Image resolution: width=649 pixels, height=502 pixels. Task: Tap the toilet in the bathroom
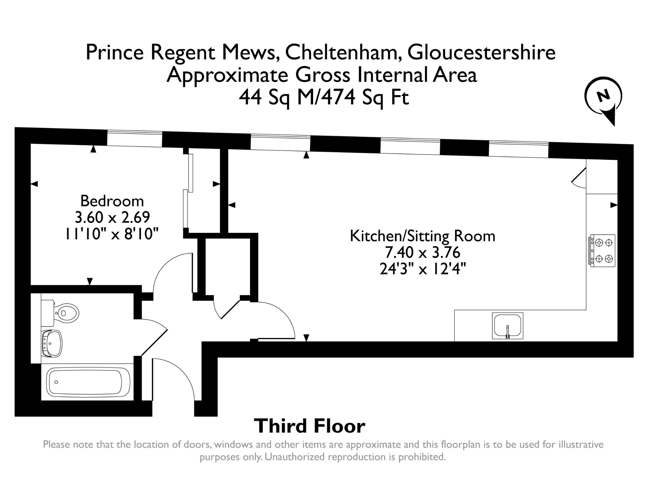point(60,313)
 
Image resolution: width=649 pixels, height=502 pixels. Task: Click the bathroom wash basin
point(52,343)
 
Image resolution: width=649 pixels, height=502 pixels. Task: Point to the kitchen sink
point(507,326)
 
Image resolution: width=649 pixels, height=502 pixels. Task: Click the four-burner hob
point(602,251)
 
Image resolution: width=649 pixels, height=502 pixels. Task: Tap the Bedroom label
point(112,201)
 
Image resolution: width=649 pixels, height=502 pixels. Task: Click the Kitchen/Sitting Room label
point(422,236)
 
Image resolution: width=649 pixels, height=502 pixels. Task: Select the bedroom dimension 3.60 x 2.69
point(112,218)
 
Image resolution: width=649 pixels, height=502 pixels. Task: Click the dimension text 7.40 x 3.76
point(422,253)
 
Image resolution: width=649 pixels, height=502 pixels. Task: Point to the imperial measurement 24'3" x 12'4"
point(423,269)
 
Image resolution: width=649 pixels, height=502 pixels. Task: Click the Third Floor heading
point(310,426)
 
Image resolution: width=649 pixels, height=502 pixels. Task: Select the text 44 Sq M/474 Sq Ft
point(324,97)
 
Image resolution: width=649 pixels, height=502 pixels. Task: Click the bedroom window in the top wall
point(135,139)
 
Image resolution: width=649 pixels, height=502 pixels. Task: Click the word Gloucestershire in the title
point(481,53)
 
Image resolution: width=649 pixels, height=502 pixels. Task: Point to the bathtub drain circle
point(56,382)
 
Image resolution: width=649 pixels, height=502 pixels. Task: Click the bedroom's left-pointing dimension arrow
point(34,184)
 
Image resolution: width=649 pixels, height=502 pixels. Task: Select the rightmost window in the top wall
point(518,149)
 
